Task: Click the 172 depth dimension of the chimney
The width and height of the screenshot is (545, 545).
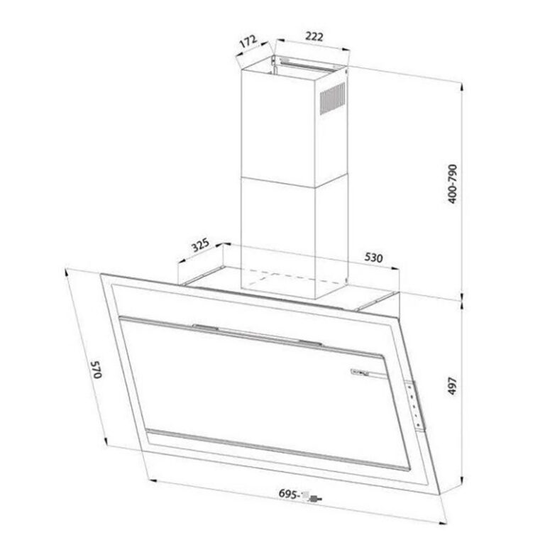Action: (247, 42)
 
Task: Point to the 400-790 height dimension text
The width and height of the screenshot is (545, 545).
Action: (454, 186)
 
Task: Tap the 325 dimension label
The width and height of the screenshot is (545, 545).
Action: (201, 248)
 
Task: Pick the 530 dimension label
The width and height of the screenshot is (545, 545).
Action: (375, 258)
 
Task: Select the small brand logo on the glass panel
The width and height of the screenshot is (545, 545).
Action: (361, 373)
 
